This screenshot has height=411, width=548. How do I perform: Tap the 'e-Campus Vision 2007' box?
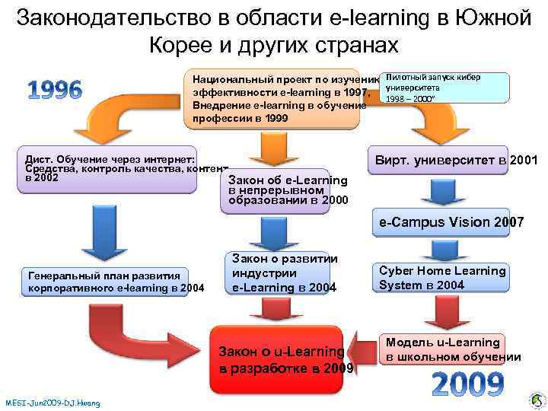pyautogui.click(x=448, y=222)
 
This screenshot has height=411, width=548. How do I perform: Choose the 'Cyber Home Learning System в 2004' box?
pyautogui.click(x=442, y=278)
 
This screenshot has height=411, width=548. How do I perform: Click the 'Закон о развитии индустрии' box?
pyautogui.click(x=283, y=272)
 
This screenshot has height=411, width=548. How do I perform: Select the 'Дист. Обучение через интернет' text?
pyautogui.click(x=110, y=154)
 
